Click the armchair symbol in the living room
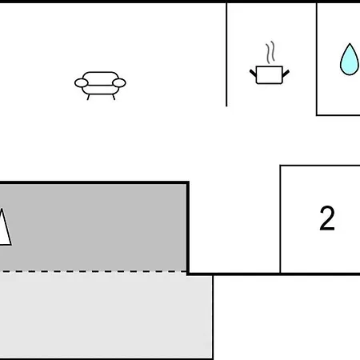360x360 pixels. point(100,86)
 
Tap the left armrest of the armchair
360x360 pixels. point(81,83)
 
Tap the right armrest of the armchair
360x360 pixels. point(119,83)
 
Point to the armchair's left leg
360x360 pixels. point(88,97)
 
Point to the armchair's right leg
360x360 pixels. point(114,97)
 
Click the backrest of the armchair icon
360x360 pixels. point(100,75)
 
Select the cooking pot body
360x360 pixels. point(269,75)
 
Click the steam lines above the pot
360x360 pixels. point(270,52)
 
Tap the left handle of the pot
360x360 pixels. point(253,73)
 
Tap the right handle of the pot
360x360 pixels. point(286,73)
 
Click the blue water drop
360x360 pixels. point(350,59)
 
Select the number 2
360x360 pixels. point(327,218)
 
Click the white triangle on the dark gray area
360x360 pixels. point(4,227)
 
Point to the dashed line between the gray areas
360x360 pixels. point(94,271)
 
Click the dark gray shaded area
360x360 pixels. point(94,227)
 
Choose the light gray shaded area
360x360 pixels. point(106,316)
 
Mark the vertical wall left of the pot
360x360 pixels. point(226,54)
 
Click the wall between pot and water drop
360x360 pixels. point(317,58)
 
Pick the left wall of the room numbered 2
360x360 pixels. point(280,219)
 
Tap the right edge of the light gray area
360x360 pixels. point(213,318)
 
